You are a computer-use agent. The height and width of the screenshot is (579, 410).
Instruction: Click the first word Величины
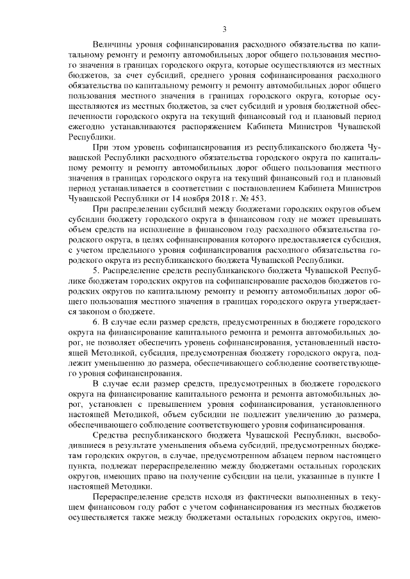point(114,45)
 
